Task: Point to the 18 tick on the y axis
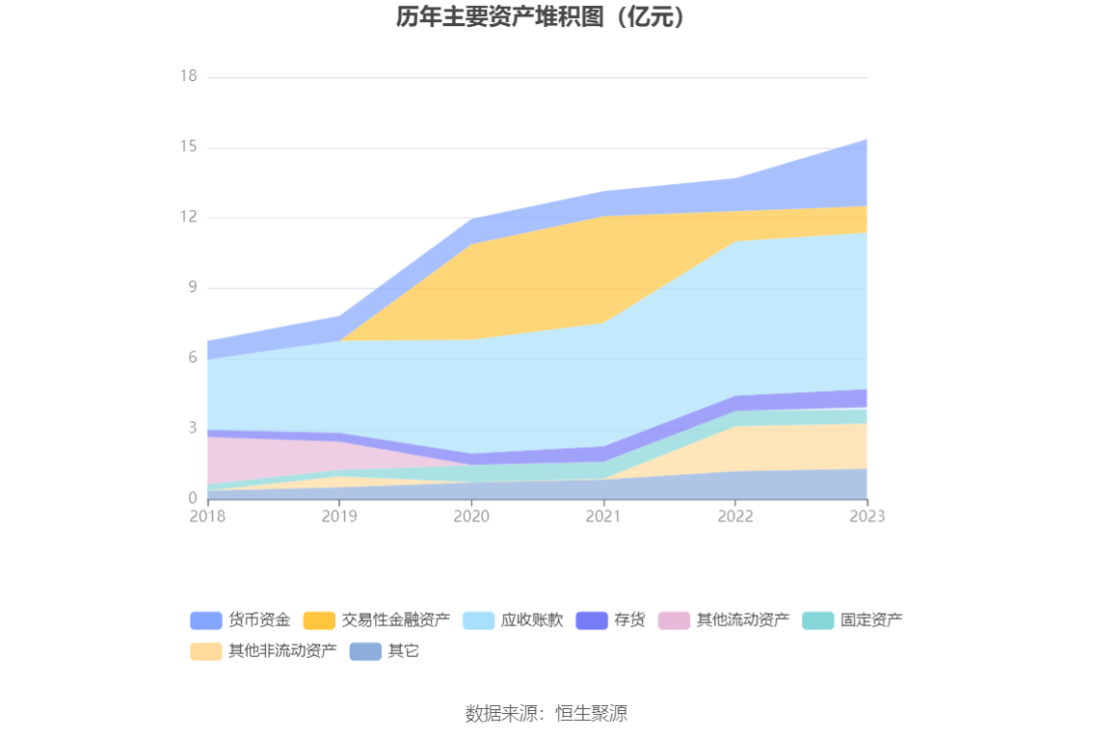click(x=188, y=77)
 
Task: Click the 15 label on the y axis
click(x=188, y=147)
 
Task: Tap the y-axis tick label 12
click(x=188, y=218)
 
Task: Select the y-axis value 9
click(x=192, y=288)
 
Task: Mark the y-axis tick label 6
click(x=192, y=358)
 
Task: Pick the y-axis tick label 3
click(x=192, y=429)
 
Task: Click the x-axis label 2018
click(x=207, y=516)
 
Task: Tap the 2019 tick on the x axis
click(x=339, y=516)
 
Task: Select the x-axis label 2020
click(x=471, y=516)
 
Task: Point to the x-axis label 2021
click(x=603, y=516)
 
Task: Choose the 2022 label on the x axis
click(x=735, y=516)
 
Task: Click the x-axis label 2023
click(x=866, y=516)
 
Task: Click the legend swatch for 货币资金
click(x=206, y=620)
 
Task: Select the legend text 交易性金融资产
click(x=395, y=620)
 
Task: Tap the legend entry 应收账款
click(x=531, y=620)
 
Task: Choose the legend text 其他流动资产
click(x=742, y=620)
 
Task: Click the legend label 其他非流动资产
click(x=282, y=651)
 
